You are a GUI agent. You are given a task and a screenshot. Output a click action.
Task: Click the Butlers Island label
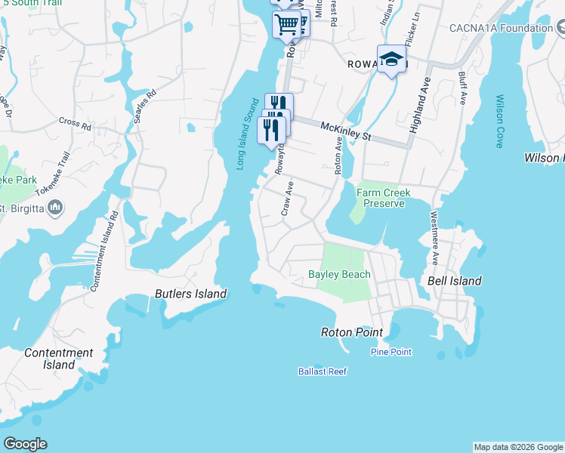tap(190, 294)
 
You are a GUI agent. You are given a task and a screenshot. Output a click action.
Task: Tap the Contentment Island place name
tap(59, 359)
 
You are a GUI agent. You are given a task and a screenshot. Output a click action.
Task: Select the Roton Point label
tap(351, 332)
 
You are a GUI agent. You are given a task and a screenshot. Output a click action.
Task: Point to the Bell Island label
tap(455, 281)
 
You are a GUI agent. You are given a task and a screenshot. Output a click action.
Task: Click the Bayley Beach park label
tap(339, 274)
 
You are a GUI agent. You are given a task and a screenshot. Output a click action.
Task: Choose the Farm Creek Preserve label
tap(384, 198)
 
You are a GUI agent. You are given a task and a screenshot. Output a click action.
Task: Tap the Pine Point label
tap(391, 353)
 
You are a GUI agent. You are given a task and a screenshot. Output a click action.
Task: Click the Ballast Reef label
tap(322, 371)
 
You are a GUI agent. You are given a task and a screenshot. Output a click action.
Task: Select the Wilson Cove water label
tap(499, 121)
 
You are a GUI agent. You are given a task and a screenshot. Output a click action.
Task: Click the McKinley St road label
tap(346, 131)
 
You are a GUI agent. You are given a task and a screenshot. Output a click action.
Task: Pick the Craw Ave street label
tap(287, 198)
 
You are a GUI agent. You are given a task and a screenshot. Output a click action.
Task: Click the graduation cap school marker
tap(391, 59)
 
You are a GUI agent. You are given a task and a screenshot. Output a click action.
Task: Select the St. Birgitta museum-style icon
tap(55, 207)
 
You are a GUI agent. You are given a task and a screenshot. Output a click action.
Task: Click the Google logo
tap(25, 444)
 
